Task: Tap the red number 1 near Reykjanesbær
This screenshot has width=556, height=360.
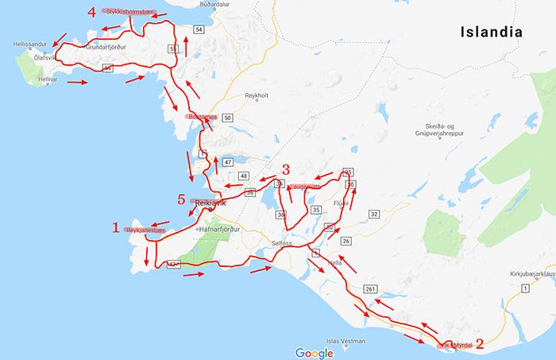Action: pos(116,229)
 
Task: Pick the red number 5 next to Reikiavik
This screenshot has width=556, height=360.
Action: pos(181,199)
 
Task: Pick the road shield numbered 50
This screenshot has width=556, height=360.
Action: pos(228,118)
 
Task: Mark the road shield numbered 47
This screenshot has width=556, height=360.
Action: pos(227,162)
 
